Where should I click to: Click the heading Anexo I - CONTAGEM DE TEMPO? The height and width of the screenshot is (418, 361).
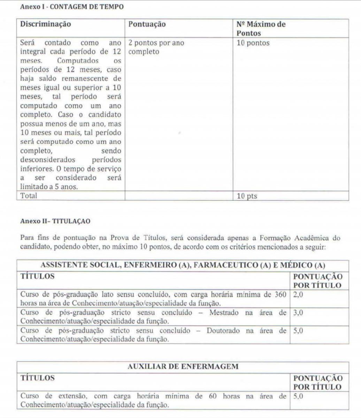[x=72, y=7]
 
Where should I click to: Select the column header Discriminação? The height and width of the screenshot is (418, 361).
[x=46, y=24]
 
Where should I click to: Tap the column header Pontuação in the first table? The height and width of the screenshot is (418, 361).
[x=147, y=24]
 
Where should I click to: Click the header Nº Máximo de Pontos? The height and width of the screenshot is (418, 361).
[x=261, y=29]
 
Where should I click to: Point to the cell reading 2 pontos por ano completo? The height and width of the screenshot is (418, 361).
[x=156, y=47]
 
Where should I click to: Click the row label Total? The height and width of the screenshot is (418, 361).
[x=29, y=196]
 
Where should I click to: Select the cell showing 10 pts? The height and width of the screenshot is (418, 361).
[x=247, y=196]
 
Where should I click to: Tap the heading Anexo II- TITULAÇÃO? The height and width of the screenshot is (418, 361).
[x=55, y=221]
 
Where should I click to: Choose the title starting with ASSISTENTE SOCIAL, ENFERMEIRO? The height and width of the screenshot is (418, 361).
[x=183, y=265]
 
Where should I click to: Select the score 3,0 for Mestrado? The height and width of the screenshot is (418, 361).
[x=298, y=313]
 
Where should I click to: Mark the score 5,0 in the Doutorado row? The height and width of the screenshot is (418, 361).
[x=298, y=331]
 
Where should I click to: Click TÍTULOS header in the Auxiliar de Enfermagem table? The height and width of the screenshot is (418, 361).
[x=38, y=378]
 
